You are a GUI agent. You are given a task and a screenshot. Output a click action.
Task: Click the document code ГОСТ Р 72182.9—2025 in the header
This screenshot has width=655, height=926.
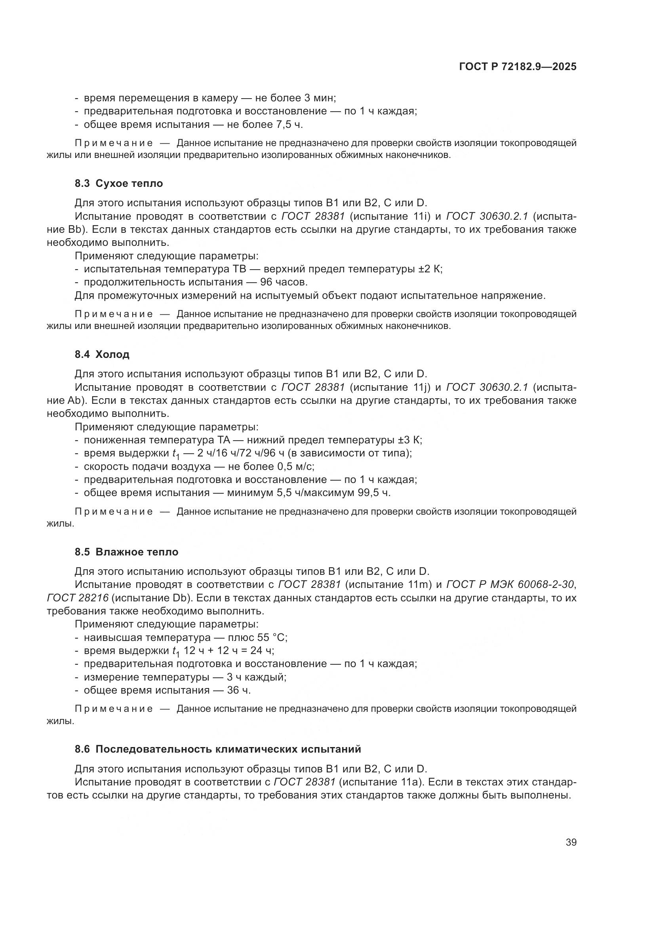(518, 67)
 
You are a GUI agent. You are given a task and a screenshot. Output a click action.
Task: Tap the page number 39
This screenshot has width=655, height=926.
(571, 842)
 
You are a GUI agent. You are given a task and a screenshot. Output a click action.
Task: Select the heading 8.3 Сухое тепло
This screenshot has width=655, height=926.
(118, 184)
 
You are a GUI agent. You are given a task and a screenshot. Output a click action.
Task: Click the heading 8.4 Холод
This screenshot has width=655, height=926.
(102, 354)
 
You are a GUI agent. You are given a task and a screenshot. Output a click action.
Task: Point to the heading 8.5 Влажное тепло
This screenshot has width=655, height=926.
(126, 552)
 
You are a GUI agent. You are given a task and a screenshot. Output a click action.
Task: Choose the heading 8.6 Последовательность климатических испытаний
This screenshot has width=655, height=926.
(218, 749)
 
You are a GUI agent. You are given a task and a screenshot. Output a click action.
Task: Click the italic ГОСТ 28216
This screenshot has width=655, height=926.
(78, 598)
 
